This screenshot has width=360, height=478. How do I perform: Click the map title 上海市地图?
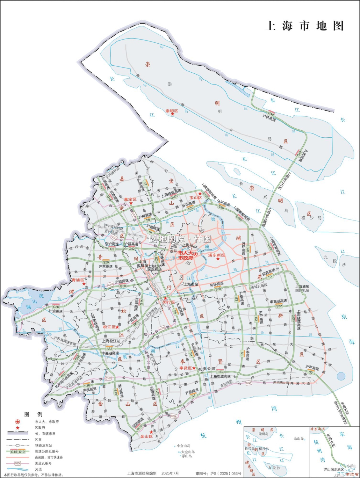(305, 26)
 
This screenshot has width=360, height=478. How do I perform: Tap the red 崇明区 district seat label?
(171, 111)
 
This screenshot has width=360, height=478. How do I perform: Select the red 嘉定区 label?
(130, 199)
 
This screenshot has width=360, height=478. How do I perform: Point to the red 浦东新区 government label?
(217, 255)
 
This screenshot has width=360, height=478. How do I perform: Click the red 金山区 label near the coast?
(147, 436)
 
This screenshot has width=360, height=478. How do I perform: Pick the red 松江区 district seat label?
(109, 327)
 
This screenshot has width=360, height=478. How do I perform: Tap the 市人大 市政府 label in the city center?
(185, 255)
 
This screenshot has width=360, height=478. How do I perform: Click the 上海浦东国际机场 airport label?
(302, 288)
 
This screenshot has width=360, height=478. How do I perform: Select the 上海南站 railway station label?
(191, 284)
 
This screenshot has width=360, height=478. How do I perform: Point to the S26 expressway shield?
(106, 262)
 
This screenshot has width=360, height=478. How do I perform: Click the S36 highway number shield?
(87, 386)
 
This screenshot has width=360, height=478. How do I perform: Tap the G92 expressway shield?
(63, 374)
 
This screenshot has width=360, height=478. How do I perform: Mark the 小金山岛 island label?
(184, 446)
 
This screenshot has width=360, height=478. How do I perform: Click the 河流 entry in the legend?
(38, 469)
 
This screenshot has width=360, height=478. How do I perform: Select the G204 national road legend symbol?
(18, 463)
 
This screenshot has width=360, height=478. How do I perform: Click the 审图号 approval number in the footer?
(218, 474)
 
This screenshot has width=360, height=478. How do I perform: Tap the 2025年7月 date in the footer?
(170, 474)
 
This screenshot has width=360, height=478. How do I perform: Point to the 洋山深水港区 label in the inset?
(334, 469)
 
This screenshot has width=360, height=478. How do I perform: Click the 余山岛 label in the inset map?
(299, 438)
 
